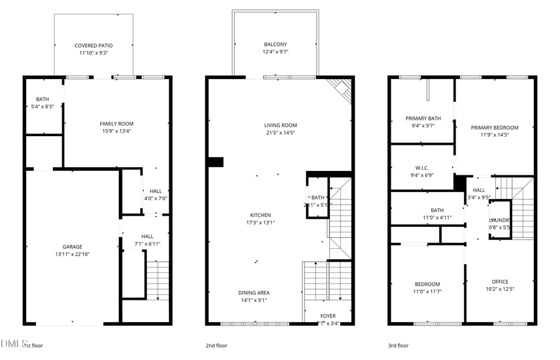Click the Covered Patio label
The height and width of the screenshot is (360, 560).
coord(93,45)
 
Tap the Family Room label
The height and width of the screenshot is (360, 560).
coord(116,123)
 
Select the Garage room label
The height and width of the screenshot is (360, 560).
coord(72,246)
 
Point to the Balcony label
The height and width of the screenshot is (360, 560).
coord(275,44)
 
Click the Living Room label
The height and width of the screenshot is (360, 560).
coord(281,125)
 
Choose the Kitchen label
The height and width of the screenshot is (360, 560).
coord(261,215)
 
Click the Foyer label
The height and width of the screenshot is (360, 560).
coord(328,316)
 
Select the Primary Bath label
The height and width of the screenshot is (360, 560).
coord(423,118)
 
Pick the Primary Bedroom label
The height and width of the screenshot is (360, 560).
coord(499,127)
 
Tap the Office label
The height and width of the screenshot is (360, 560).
coord(500,282)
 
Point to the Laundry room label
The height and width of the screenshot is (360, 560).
coord(500,220)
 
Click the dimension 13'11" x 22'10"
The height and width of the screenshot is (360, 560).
coord(72,254)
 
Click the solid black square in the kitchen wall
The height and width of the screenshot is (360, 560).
coord(215,162)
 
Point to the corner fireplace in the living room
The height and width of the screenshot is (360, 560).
coord(341,89)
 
